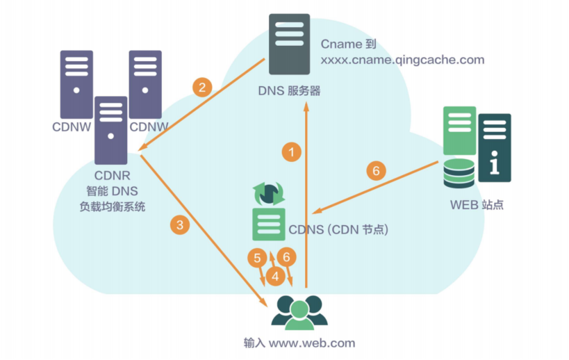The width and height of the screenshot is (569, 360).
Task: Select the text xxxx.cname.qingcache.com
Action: pyautogui.click(x=402, y=60)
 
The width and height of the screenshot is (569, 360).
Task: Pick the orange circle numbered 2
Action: pyautogui.click(x=202, y=88)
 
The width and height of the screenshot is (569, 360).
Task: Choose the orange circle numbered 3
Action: pyautogui.click(x=180, y=224)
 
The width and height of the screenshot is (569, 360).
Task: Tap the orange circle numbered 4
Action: pyautogui.click(x=277, y=276)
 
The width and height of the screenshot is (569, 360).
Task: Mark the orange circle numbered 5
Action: pyautogui.click(x=257, y=258)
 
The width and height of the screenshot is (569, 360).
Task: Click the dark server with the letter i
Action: pyautogui.click(x=495, y=148)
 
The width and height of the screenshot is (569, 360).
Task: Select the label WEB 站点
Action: pyautogui.click(x=477, y=204)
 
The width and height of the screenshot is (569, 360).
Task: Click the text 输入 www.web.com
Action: pyautogui.click(x=299, y=343)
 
